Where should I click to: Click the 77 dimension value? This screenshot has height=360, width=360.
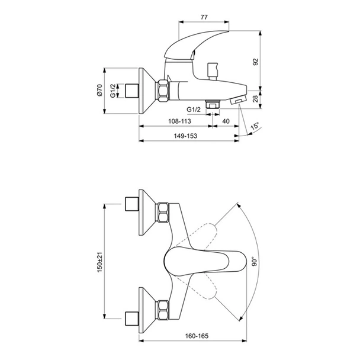pyautogui.click(x=204, y=17)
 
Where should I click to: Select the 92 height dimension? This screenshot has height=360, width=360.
pyautogui.click(x=256, y=62)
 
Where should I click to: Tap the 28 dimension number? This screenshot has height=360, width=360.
pyautogui.click(x=256, y=99)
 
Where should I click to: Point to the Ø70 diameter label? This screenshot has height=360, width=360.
pyautogui.click(x=99, y=91)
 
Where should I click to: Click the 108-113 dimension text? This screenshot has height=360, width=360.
pyautogui.click(x=180, y=121)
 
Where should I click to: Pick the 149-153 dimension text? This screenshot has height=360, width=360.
pyautogui.click(x=185, y=136)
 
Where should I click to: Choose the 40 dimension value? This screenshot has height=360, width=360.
pyautogui.click(x=226, y=121)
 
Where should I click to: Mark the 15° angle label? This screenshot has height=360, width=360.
pyautogui.click(x=254, y=126)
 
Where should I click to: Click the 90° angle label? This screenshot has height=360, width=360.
pyautogui.click(x=254, y=262)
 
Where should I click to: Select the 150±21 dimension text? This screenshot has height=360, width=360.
pyautogui.click(x=99, y=262)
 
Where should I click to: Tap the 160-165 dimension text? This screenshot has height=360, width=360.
pyautogui.click(x=197, y=336)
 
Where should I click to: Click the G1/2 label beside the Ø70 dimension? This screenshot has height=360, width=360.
pyautogui.click(x=113, y=91)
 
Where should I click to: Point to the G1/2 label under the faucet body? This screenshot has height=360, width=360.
pyautogui.click(x=194, y=110)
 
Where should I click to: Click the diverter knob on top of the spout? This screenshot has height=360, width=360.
pyautogui.click(x=212, y=72)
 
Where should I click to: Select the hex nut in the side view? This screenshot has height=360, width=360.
pyautogui.click(x=163, y=91)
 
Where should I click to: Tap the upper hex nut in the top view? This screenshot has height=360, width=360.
pyautogui.click(x=163, y=212)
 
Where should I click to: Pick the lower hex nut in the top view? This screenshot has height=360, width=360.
pyautogui.click(x=163, y=310)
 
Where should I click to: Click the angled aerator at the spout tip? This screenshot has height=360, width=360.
pyautogui.click(x=238, y=100)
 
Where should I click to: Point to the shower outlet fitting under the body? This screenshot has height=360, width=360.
pyautogui.click(x=213, y=104)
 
